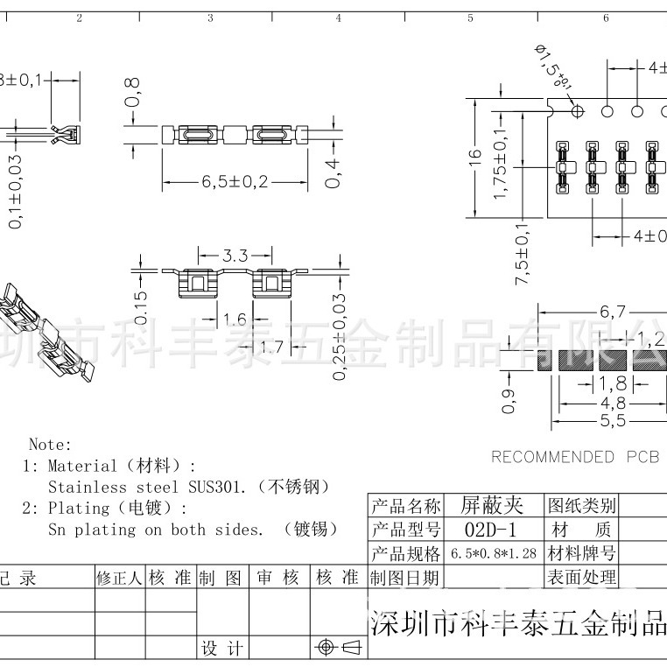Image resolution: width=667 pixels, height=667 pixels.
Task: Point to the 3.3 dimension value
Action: (235, 256)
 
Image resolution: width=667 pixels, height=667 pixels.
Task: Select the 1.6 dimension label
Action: (235, 319)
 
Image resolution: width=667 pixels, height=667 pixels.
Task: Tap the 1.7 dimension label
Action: (272, 348)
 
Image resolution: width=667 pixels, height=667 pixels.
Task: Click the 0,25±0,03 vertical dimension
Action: (340, 336)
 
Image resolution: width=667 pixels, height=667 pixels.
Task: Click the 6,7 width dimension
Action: (613, 312)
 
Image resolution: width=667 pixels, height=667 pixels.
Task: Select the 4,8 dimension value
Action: (613, 403)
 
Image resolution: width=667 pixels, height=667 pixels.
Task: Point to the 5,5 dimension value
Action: (613, 421)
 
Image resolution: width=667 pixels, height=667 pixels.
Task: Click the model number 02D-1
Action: (491, 530)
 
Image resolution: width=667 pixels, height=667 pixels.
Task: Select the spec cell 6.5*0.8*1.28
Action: (491, 554)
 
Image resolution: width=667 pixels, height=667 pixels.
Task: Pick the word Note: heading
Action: (51, 445)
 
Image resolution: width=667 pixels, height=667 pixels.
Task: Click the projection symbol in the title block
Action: (337, 648)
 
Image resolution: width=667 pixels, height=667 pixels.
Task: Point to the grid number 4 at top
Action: (339, 18)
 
